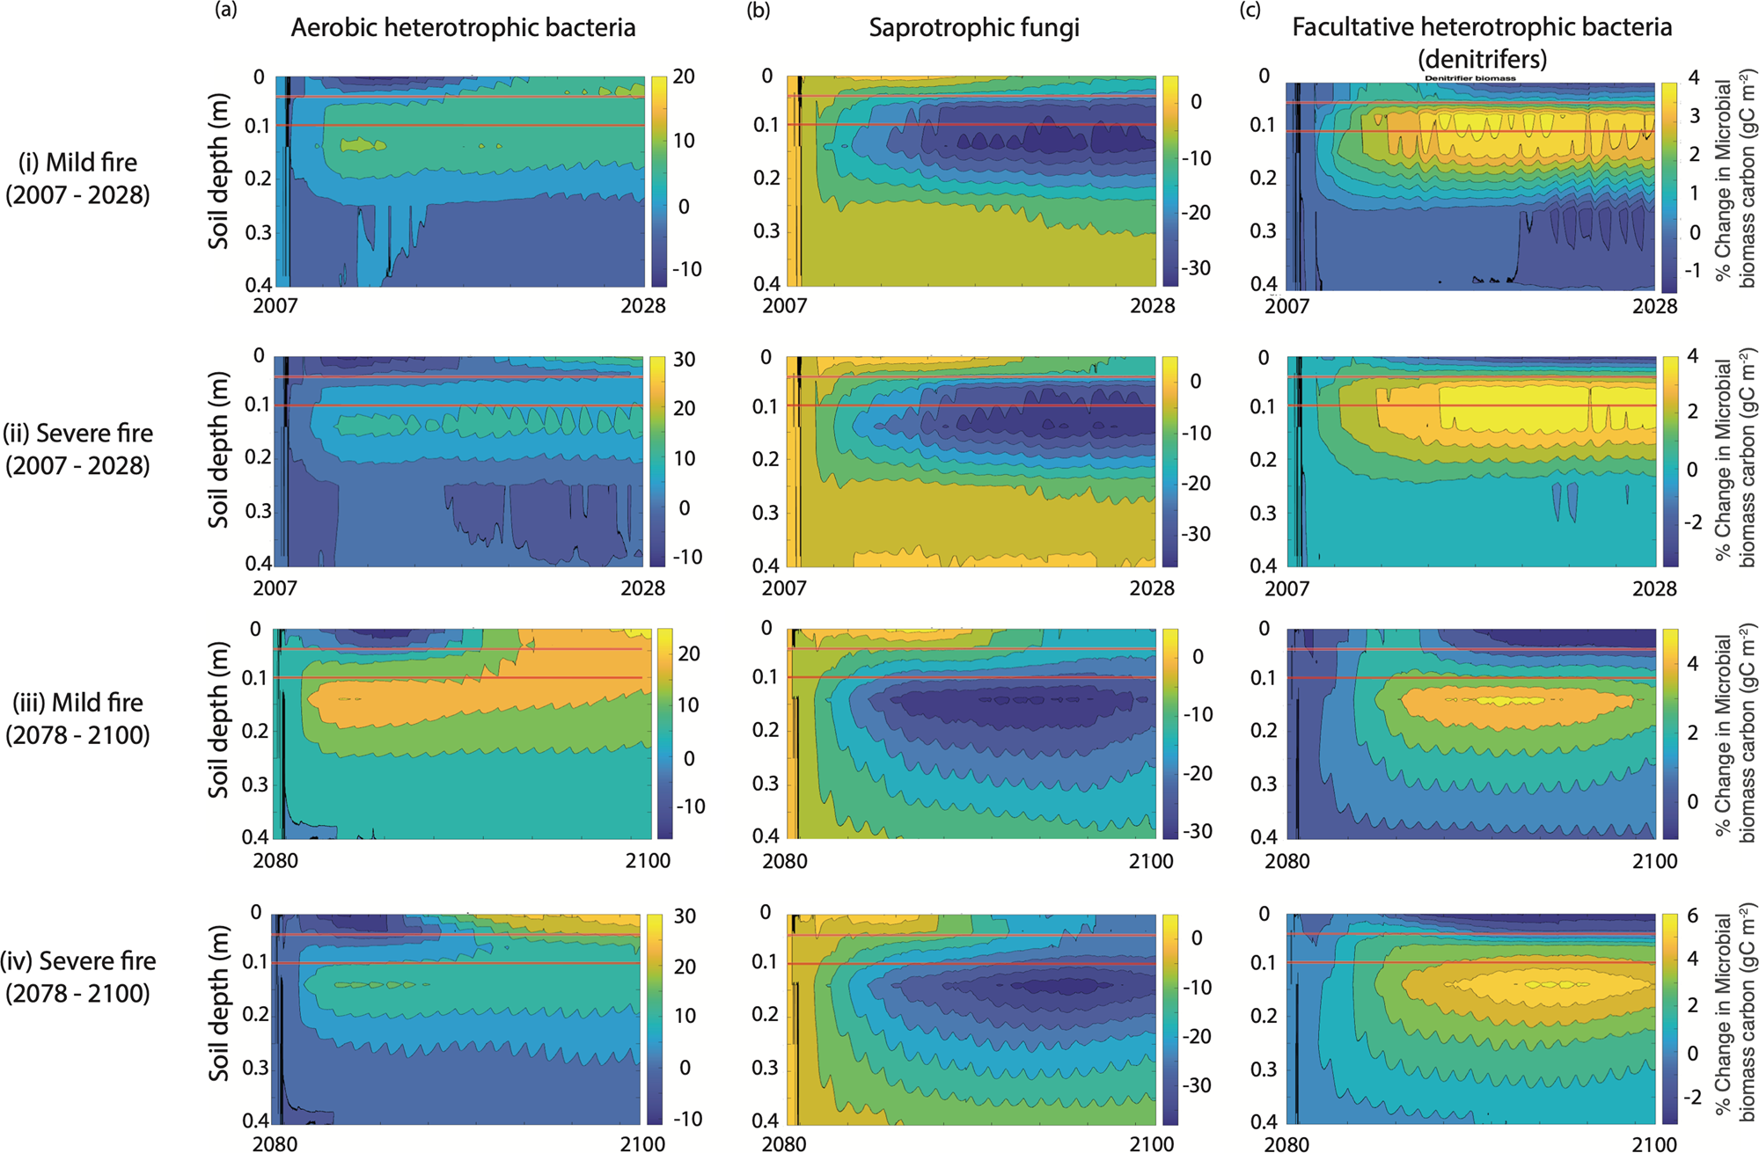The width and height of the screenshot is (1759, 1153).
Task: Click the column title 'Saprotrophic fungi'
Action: point(974,28)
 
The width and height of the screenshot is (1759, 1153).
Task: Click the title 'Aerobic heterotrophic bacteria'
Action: point(463,28)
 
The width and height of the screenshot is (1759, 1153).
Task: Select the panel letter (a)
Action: point(225,11)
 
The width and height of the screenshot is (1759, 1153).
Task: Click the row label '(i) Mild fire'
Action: point(78,163)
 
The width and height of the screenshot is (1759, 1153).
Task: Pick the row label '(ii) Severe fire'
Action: point(77,434)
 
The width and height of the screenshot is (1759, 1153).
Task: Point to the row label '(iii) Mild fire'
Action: point(77,703)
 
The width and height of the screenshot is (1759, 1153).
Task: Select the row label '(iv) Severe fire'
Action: point(78,961)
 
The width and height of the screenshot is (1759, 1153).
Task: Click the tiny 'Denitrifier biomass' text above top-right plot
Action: point(1470,78)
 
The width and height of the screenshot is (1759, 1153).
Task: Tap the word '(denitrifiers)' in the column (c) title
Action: point(1482,59)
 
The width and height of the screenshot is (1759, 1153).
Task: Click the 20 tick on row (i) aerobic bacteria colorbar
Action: point(684,77)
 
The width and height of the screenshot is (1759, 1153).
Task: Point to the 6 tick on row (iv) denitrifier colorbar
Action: point(1692,916)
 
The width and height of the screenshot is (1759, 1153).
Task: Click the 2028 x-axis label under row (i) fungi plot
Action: point(1152,306)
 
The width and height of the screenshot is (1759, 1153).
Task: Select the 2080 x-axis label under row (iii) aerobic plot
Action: point(275,861)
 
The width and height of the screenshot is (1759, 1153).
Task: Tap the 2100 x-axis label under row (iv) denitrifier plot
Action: point(1654,1145)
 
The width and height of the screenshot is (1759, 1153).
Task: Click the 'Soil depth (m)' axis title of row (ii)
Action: point(218,449)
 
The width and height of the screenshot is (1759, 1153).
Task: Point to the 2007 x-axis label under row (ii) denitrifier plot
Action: point(1286,588)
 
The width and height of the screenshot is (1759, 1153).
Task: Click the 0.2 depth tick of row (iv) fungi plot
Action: point(766,1014)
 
